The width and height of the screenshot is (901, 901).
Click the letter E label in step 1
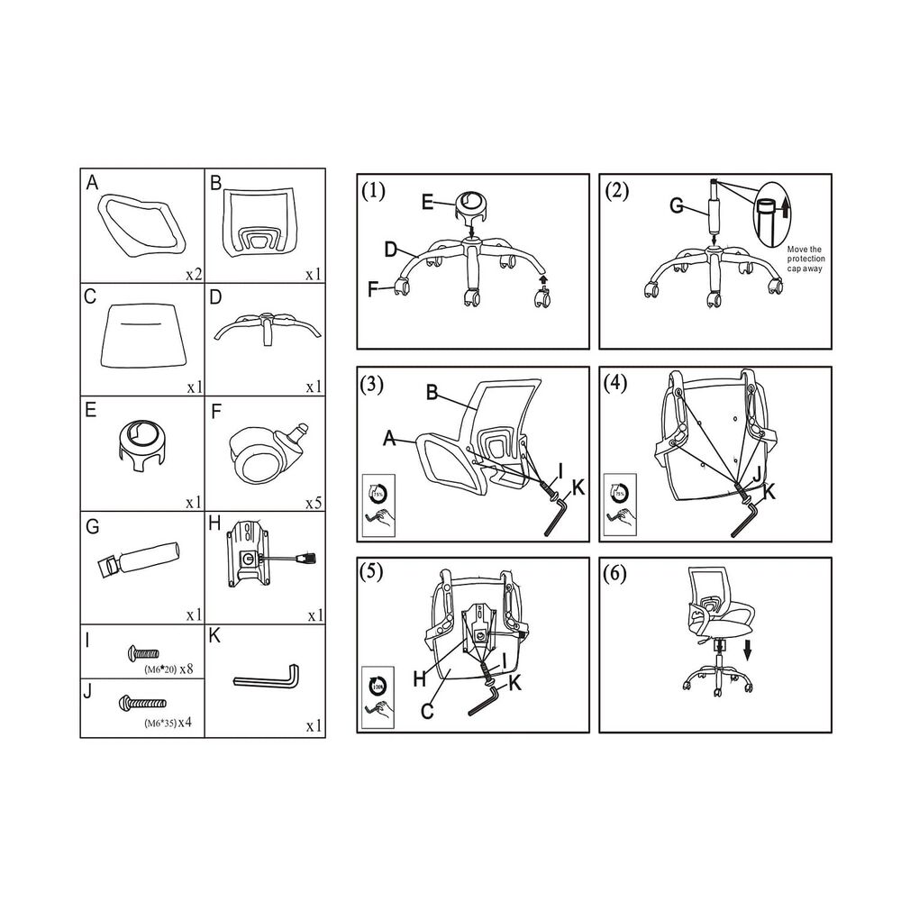pos(428,202)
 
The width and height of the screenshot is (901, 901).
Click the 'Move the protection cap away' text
pos(806,259)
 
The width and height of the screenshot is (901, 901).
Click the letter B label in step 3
pos(432,393)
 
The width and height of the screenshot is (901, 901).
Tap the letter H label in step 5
pos(420,680)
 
